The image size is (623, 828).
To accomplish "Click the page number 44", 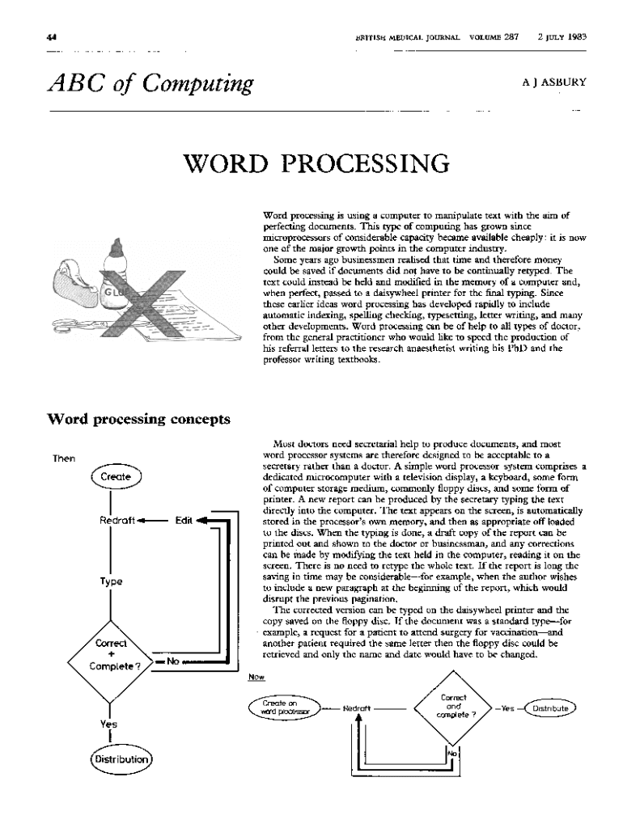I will (52, 37).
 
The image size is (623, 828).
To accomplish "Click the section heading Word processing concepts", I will (139, 419).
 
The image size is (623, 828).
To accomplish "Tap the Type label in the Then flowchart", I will (111, 581).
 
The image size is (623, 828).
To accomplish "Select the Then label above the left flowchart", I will (64, 458).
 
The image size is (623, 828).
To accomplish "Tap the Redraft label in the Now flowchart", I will (357, 708).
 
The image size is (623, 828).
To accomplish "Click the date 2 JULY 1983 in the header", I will (562, 37).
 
